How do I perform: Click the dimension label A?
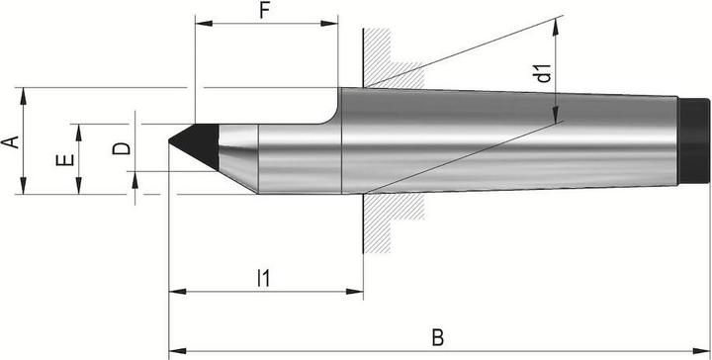coord(10,140)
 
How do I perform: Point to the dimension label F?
coord(264,12)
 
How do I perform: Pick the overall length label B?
coord(437,337)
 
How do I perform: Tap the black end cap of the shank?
coord(694,140)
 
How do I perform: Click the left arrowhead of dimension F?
coord(200,22)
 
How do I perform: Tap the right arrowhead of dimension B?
coord(705,350)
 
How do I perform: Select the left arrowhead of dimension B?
coord(175,350)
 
